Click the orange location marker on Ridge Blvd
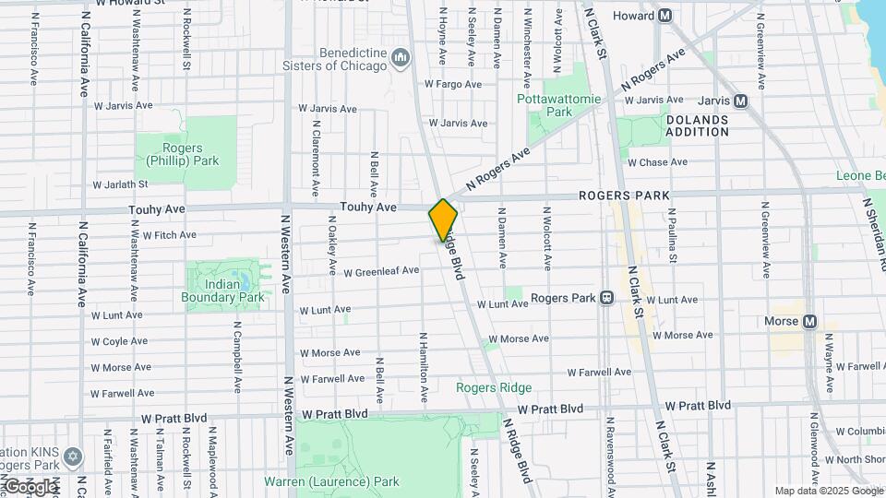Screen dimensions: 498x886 [x=443, y=219]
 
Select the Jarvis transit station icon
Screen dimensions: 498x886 [x=740, y=101]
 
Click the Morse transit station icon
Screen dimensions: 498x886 [x=809, y=321]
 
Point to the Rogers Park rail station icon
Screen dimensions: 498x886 [x=606, y=298]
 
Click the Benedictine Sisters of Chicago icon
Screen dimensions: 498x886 [x=401, y=60]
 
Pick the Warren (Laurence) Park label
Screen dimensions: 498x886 [x=331, y=481]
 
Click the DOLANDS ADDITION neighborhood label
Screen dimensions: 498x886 [x=697, y=125]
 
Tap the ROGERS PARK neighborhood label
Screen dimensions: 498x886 [x=624, y=196]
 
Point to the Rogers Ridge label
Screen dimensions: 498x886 [x=494, y=387]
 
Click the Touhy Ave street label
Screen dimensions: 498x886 [x=367, y=208]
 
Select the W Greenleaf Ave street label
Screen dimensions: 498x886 [x=381, y=271]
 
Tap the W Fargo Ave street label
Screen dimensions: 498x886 [x=453, y=84]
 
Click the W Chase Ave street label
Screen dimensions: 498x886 [x=657, y=162]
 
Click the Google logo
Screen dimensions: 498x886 [x=30, y=486]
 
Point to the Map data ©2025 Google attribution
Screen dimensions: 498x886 [x=827, y=491]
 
